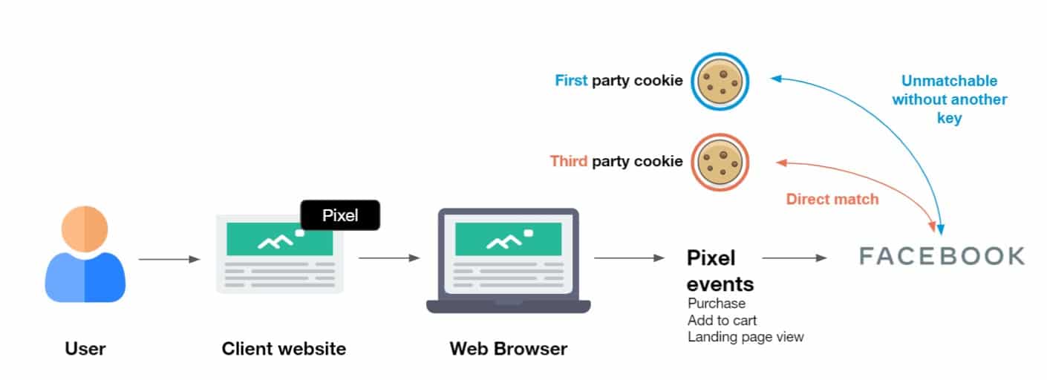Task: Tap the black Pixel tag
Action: point(340,215)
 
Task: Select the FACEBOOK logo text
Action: point(942,257)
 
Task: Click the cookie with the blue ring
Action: point(720,81)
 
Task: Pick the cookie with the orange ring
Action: point(720,161)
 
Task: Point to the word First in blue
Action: point(571,81)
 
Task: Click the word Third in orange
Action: point(568,161)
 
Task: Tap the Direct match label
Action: point(832,199)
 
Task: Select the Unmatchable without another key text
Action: point(949,99)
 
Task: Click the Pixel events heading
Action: point(719,270)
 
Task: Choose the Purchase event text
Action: point(717,304)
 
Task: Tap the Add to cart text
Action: point(722,321)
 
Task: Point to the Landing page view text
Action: point(746,337)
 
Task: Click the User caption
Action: point(85,348)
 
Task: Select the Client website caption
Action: point(284,348)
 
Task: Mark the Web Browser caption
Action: point(508,348)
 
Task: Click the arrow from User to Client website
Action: point(169,259)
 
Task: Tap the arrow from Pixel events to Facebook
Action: point(794,258)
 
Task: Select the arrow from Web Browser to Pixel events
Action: point(628,258)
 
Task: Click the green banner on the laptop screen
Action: point(508,239)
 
